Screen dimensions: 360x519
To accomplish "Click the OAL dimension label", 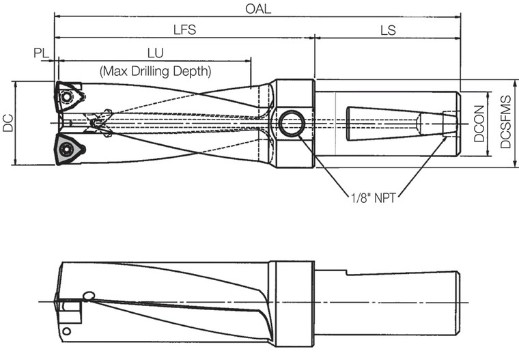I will [x=259, y=9].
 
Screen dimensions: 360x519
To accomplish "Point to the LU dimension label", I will [x=155, y=53].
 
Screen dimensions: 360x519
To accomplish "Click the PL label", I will [x=41, y=53].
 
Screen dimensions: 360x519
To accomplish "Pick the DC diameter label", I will [x=8, y=123].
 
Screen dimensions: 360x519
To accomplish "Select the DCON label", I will [x=480, y=124].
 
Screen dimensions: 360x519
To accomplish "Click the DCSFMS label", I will [x=506, y=123].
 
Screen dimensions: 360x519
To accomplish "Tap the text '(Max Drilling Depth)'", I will [x=155, y=70].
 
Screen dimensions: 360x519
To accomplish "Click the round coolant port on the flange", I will [x=292, y=124].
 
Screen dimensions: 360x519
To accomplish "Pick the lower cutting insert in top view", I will [x=69, y=148].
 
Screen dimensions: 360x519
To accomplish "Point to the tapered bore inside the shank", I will [x=382, y=124].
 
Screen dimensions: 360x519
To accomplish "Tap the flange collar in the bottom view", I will [x=292, y=303].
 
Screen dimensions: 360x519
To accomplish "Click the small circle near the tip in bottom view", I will [x=66, y=332].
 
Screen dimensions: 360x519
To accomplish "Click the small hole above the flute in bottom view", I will [x=87, y=295].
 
